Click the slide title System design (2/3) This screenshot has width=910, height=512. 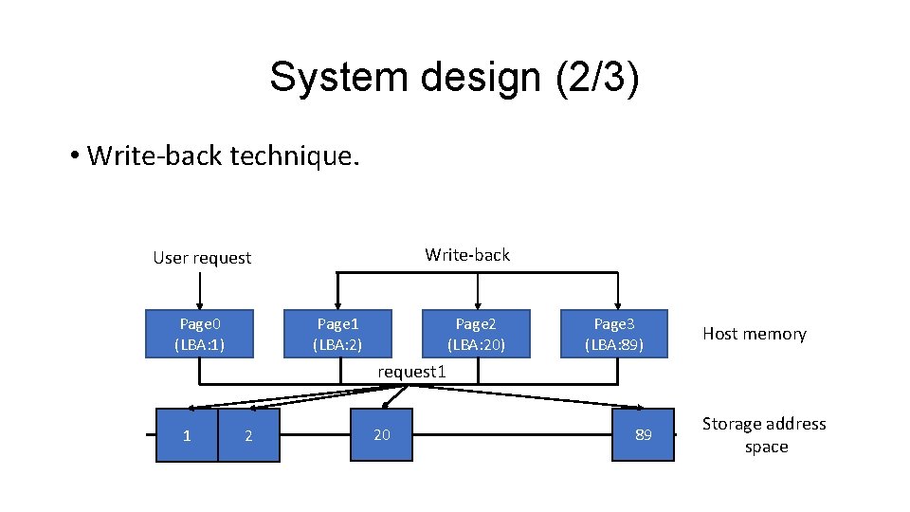454,77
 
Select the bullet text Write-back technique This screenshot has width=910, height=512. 223,155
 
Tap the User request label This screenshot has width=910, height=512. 202,258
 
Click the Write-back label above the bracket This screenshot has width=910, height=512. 467,254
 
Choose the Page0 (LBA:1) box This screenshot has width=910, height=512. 199,333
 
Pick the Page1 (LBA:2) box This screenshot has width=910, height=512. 337,333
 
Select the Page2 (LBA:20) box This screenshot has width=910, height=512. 476,333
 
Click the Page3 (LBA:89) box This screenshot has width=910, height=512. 614,333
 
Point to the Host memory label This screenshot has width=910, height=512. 754,334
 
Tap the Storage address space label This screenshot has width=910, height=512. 764,435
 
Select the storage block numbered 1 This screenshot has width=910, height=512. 187,435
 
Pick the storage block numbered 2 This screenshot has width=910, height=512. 248,435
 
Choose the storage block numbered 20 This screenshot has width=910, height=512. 381,434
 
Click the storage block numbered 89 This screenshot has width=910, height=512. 643,434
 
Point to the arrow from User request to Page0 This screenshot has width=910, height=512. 199,289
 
